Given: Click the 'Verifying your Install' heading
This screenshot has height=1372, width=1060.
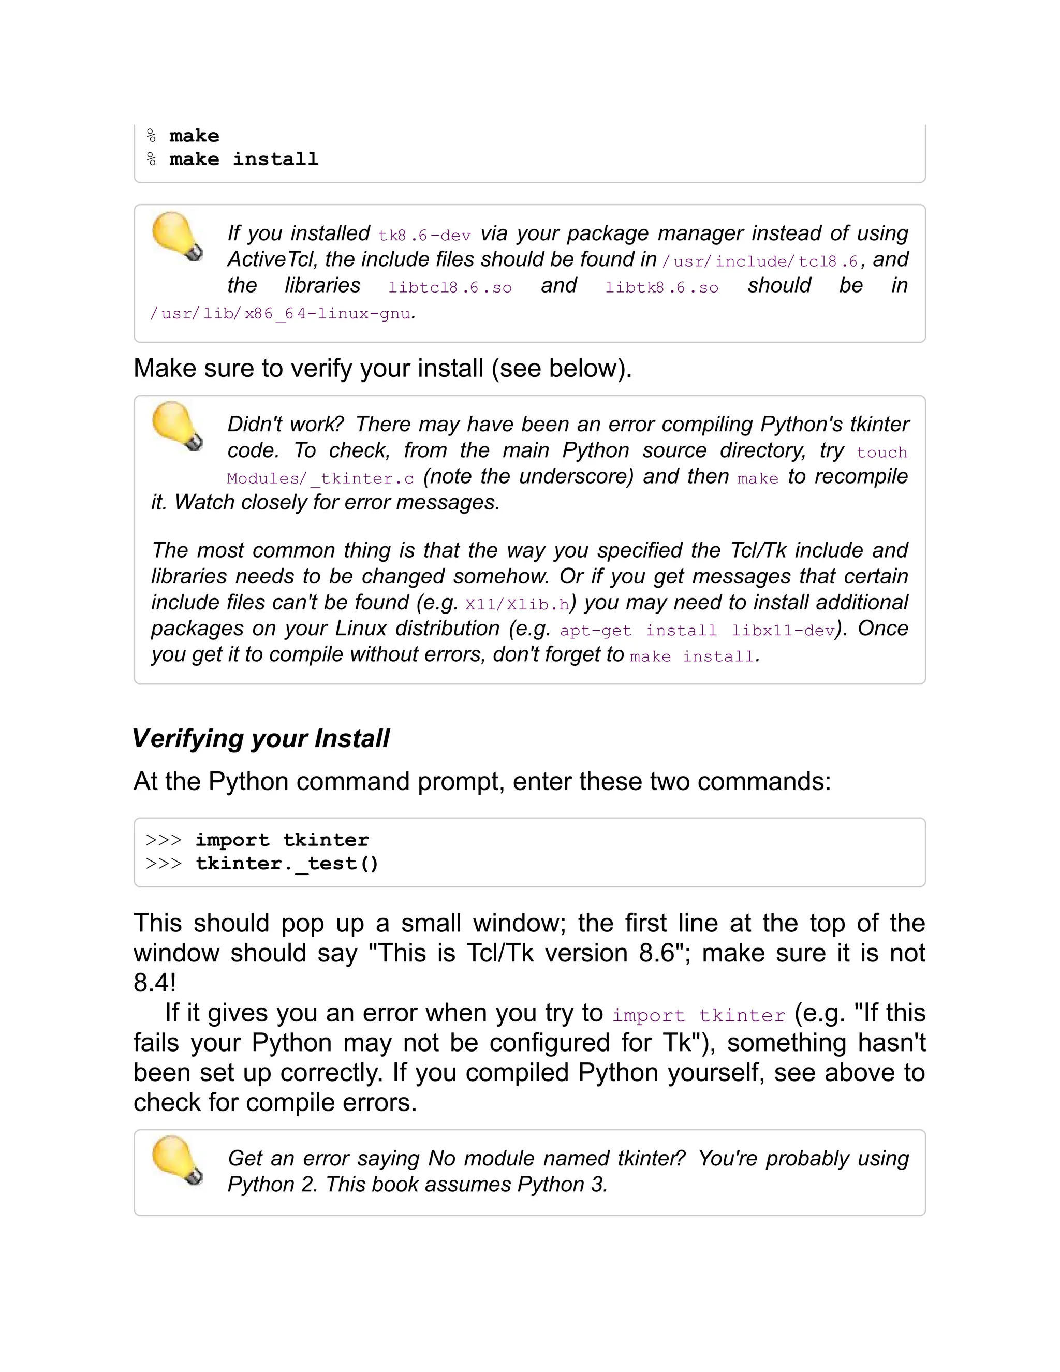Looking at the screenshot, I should (261, 738).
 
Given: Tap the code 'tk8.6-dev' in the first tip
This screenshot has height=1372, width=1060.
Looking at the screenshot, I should (424, 236).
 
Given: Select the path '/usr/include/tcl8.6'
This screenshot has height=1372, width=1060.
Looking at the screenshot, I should (760, 261).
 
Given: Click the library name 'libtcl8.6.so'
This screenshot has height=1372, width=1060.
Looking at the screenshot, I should (450, 288).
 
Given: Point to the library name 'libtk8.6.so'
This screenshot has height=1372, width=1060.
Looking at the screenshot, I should (661, 288).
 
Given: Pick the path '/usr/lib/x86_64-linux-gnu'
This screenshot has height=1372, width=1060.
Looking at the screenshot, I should (281, 313).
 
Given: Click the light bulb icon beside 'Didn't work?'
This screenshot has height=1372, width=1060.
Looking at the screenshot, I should (177, 427).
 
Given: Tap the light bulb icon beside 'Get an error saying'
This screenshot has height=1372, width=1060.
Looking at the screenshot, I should (177, 1160).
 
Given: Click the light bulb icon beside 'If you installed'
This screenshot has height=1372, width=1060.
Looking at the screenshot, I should (177, 236).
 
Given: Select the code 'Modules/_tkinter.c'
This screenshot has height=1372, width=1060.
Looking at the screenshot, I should (320, 479).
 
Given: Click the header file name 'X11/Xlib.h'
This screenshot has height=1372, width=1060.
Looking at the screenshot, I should (517, 604).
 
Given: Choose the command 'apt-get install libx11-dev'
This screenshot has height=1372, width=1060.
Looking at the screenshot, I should (697, 630).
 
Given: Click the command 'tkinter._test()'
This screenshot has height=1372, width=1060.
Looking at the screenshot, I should (287, 864).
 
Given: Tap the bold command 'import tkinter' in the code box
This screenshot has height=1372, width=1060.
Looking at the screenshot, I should (282, 840).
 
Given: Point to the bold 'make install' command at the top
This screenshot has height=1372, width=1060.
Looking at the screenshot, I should (244, 159).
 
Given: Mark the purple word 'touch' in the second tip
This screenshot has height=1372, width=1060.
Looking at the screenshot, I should (881, 453).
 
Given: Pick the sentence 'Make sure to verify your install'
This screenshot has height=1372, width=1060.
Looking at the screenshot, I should (382, 368).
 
